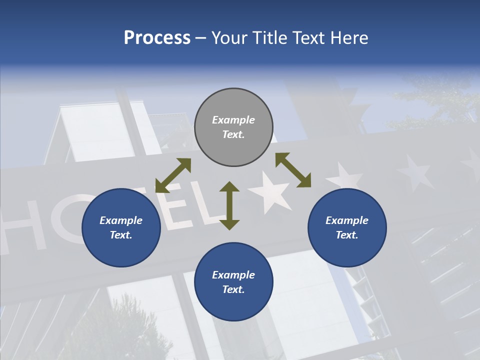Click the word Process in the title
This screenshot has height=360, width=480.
click(x=157, y=38)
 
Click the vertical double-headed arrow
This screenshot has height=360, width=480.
click(x=229, y=205)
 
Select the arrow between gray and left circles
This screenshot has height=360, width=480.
click(x=173, y=175)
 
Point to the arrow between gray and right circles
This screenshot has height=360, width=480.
click(x=293, y=170)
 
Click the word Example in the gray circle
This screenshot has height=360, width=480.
click(x=233, y=120)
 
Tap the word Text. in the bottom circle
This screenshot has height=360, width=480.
click(x=233, y=289)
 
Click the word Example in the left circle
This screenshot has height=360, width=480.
click(x=121, y=220)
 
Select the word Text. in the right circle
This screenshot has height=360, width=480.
click(x=347, y=235)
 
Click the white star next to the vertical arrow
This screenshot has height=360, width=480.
click(x=270, y=193)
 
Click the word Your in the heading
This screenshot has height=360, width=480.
click(x=229, y=38)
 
